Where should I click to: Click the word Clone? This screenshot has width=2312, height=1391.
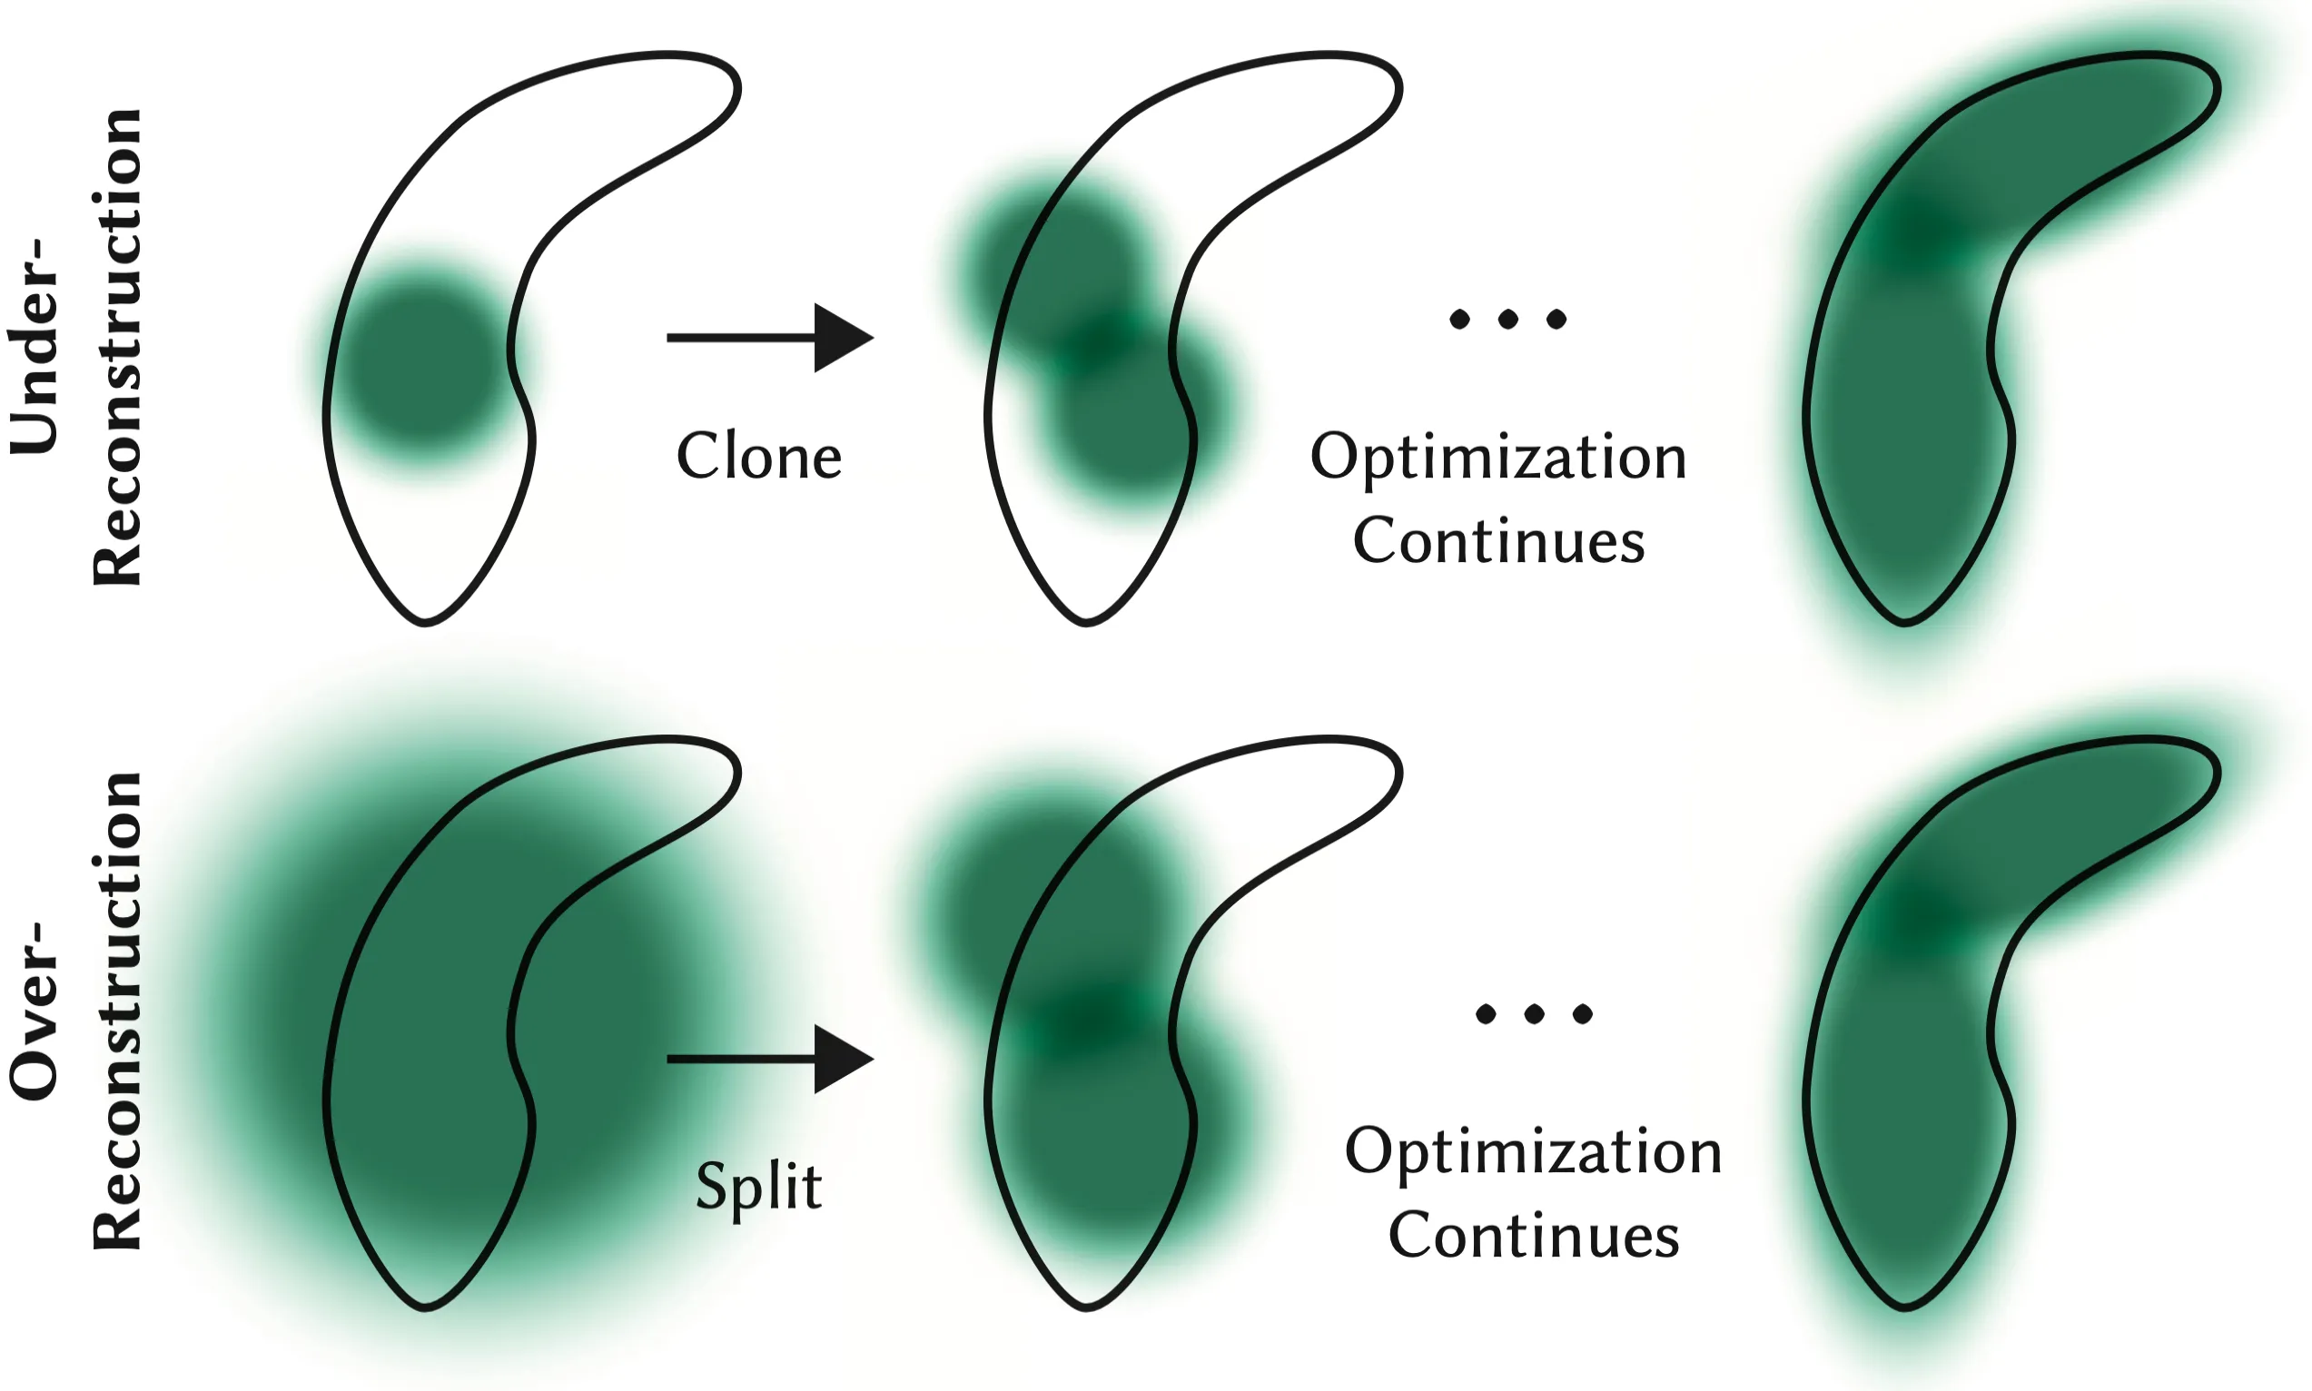759,458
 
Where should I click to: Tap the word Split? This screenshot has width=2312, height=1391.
759,1186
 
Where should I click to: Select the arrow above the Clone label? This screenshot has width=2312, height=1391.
768,338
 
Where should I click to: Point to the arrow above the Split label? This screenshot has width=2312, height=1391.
768,1060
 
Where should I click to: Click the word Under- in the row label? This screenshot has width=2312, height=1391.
35,347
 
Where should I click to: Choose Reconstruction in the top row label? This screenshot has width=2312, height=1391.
117,347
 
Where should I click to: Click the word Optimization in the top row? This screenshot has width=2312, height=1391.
1497,459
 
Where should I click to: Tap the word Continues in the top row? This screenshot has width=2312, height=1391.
1497,541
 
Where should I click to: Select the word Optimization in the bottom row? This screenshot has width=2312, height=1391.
1533,1152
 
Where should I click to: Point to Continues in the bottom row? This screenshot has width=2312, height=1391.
1533,1235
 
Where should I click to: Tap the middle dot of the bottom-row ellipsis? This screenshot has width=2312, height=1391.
1534,1013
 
